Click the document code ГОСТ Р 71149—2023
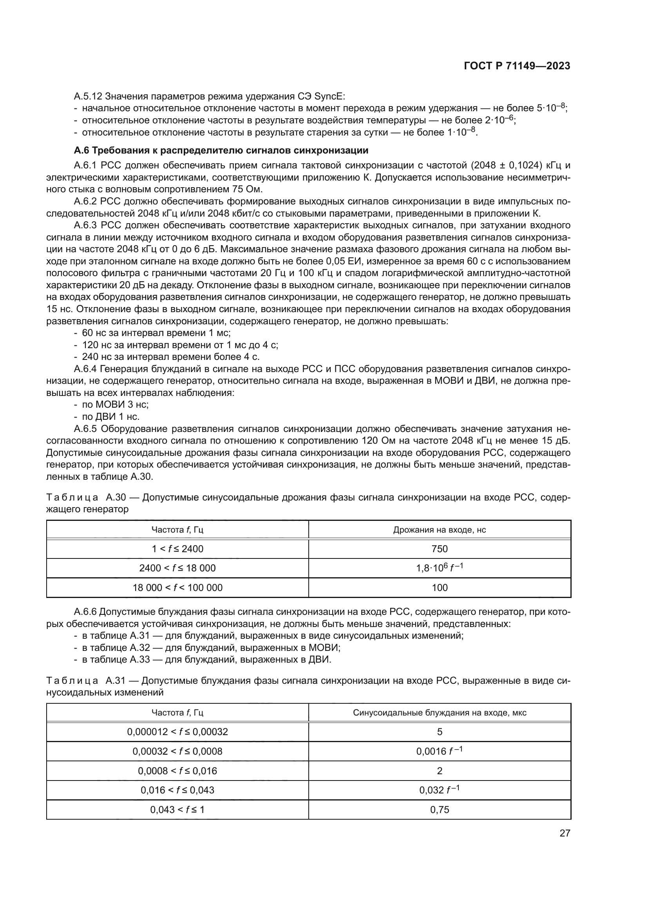coord(517,66)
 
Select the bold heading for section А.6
coord(221,150)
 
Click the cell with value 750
coord(439,549)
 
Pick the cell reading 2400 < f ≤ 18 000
coord(177,568)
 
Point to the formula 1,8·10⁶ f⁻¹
coord(439,568)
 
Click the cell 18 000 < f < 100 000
coord(177,588)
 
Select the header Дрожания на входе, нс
coord(439,530)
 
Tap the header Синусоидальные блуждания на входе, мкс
coord(439,712)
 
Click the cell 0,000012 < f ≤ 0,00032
coord(177,732)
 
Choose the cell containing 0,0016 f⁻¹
coord(439,751)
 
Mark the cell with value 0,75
coord(439,809)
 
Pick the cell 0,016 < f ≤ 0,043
coord(177,790)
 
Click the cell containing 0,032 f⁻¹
coord(439,790)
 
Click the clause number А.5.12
coord(88,96)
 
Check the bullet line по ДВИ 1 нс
coord(110,417)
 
